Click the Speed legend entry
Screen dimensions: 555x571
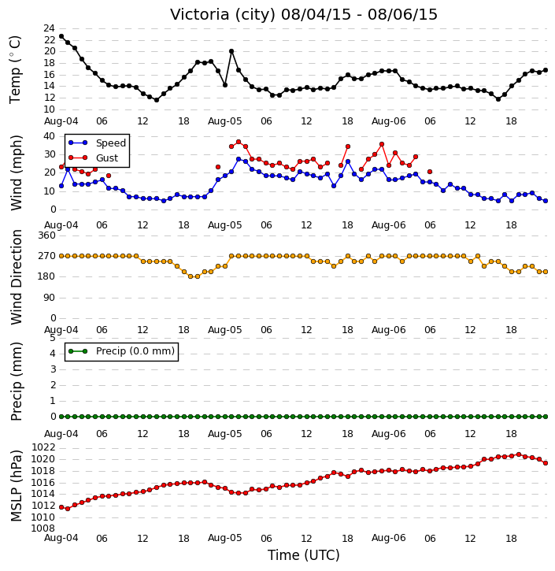click(97, 143)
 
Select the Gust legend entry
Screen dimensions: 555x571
click(94, 158)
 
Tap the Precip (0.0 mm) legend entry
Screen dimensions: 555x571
click(121, 351)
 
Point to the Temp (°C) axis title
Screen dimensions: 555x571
click(15, 69)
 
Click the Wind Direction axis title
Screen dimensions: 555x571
click(17, 277)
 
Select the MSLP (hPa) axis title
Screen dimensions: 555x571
click(17, 486)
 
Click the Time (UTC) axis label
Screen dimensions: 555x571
click(304, 555)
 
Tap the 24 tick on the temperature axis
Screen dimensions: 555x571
click(49, 28)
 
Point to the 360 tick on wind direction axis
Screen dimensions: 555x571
click(47, 235)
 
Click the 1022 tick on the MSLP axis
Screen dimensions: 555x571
click(43, 447)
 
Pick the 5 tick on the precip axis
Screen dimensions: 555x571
click(53, 338)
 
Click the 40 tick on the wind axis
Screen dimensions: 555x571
click(49, 136)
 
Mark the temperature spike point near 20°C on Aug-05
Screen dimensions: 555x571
click(231, 51)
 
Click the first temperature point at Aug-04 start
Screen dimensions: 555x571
click(61, 36)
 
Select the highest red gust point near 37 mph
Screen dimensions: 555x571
click(239, 142)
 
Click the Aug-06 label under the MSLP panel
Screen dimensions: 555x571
click(388, 538)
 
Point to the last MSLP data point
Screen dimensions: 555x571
click(546, 463)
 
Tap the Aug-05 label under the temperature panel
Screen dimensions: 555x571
click(224, 121)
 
